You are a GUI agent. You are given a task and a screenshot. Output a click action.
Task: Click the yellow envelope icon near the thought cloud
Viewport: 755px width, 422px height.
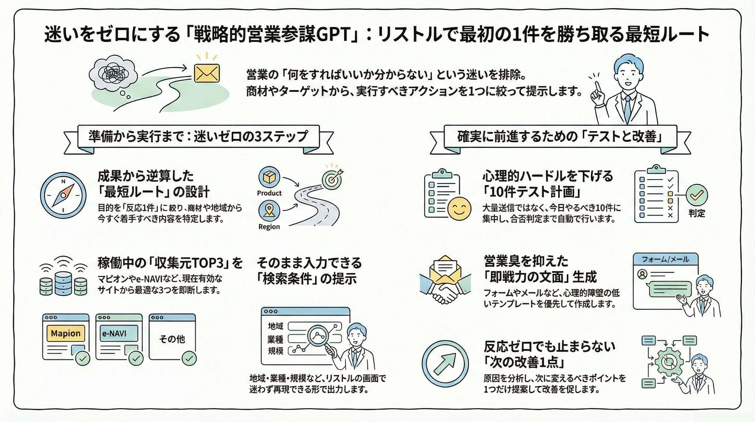pyautogui.click(x=207, y=73)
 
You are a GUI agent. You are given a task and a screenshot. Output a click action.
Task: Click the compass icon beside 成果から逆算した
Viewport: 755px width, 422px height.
pyautogui.click(x=63, y=195)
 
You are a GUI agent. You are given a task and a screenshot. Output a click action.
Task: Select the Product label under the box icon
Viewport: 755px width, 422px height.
pyautogui.click(x=269, y=193)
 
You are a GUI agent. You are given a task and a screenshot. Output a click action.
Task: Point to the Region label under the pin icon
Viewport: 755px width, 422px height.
pyautogui.click(x=269, y=227)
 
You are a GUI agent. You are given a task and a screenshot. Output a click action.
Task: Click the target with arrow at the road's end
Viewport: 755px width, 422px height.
pyautogui.click(x=332, y=179)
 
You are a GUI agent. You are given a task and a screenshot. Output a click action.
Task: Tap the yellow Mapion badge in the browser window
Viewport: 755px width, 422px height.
pyautogui.click(x=66, y=333)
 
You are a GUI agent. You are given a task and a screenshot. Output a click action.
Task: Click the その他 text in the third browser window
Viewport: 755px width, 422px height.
pyautogui.click(x=172, y=339)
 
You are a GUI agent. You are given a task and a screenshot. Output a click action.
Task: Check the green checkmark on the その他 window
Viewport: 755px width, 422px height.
pyautogui.click(x=189, y=358)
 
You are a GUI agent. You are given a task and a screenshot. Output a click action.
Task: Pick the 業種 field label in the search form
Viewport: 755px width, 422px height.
pyautogui.click(x=275, y=339)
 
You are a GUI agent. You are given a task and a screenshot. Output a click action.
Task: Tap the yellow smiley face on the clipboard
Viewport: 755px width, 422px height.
pyautogui.click(x=459, y=209)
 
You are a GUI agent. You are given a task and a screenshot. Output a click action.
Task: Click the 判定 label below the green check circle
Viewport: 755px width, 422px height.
pyautogui.click(x=697, y=213)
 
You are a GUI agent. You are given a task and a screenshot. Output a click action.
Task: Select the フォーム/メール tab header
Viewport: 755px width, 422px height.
pyautogui.click(x=665, y=259)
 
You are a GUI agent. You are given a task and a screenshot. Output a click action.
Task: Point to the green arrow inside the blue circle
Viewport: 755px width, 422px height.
pyautogui.click(x=445, y=363)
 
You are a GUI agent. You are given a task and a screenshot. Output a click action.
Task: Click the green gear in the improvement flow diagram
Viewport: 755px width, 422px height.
pyautogui.click(x=669, y=362)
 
